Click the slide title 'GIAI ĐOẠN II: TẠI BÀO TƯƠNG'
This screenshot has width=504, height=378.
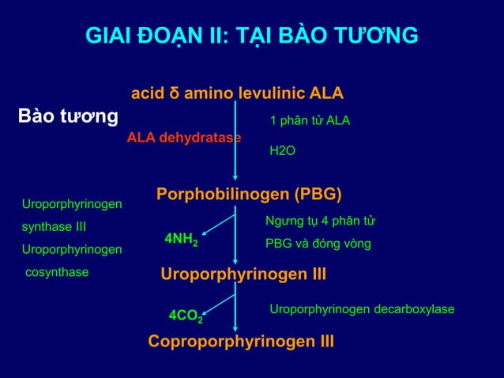pyautogui.click(x=252, y=36)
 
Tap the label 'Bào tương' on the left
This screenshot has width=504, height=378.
pyautogui.click(x=69, y=118)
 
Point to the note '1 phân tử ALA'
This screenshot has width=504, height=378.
pyautogui.click(x=310, y=121)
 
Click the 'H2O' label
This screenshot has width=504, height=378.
pyautogui.click(x=283, y=149)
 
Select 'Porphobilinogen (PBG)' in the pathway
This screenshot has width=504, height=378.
pyautogui.click(x=249, y=195)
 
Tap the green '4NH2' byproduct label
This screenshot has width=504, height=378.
pyautogui.click(x=181, y=239)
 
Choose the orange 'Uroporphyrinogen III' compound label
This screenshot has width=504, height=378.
pyautogui.click(x=243, y=274)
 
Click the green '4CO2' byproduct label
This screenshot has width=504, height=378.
pyautogui.click(x=186, y=316)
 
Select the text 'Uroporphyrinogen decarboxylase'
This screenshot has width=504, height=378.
pyautogui.click(x=362, y=308)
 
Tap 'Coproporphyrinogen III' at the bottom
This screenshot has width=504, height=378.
pyautogui.click(x=241, y=342)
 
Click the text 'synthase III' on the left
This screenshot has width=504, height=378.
pyautogui.click(x=54, y=228)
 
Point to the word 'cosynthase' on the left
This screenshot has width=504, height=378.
pyautogui.click(x=57, y=272)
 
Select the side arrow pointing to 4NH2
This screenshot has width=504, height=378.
pyautogui.click(x=207, y=232)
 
